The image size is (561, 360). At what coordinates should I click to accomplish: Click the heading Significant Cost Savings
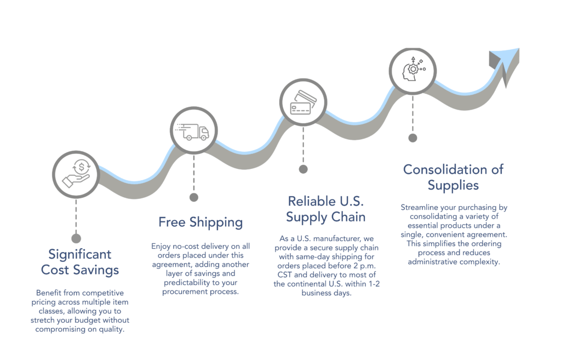coord(79,262)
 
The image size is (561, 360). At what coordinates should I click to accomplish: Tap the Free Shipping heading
coord(201,222)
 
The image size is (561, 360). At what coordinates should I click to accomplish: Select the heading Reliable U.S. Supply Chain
coord(325,208)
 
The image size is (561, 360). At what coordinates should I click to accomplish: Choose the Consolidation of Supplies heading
coord(453,177)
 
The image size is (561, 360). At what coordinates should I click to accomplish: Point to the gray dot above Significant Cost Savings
coord(76,238)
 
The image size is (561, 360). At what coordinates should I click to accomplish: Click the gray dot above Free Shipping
coord(193,197)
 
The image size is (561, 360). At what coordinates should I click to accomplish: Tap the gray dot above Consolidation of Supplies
coord(413,138)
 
